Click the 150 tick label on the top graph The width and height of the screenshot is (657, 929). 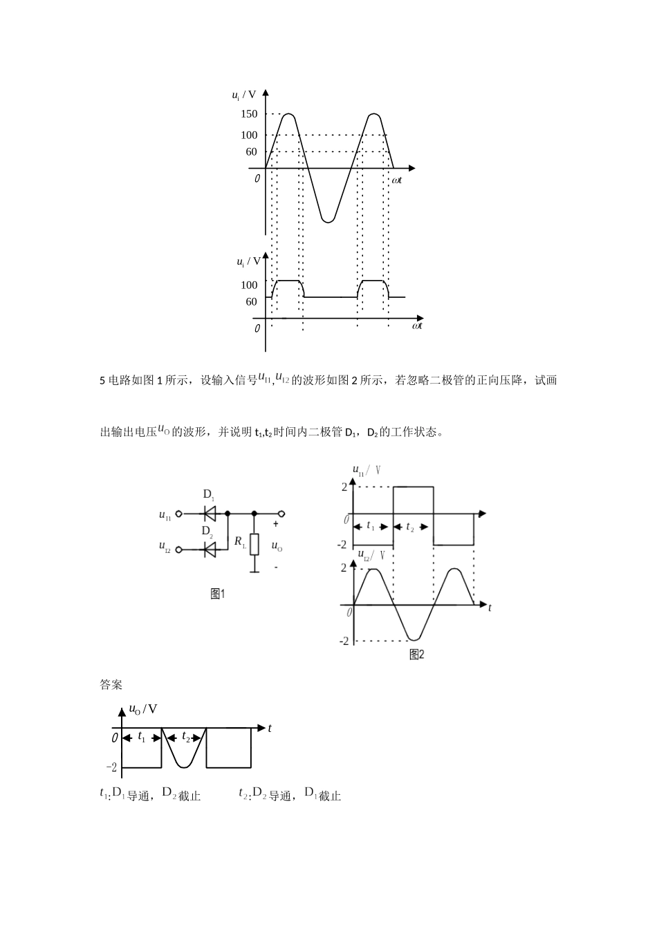click(x=249, y=114)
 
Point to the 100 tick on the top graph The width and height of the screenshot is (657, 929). click(x=249, y=135)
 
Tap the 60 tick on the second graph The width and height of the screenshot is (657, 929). click(x=251, y=302)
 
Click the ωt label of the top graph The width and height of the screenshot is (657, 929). click(x=396, y=180)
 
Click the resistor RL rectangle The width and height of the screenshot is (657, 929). click(x=255, y=544)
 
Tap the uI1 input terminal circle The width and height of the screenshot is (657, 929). click(x=179, y=514)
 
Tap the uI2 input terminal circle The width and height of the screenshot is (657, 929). click(x=179, y=550)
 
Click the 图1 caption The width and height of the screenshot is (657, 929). click(x=218, y=594)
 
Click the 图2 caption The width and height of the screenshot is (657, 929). click(x=417, y=655)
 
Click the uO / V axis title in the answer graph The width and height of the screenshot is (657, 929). click(x=143, y=709)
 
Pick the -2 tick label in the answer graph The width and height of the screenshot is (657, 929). click(x=111, y=767)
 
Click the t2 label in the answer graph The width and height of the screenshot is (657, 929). click(x=186, y=738)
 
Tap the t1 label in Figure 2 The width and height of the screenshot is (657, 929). click(x=371, y=526)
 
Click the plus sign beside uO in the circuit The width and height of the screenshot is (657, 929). click(x=276, y=524)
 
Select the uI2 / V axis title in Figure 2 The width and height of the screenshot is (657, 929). click(x=370, y=554)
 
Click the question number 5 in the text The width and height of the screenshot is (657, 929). click(x=103, y=381)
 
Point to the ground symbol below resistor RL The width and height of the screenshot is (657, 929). click(x=255, y=571)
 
